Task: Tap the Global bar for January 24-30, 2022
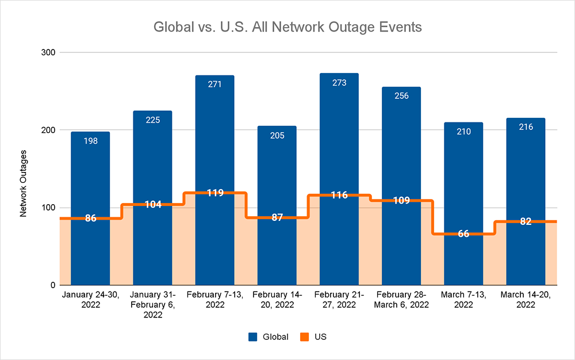pos(90,173)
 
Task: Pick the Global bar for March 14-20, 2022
pos(526,167)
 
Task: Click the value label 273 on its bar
pos(339,83)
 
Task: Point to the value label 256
pos(401,96)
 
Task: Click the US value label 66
pos(463,234)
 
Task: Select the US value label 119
pos(214,193)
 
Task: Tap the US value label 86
pos(90,219)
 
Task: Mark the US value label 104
pos(152,205)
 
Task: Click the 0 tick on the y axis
pos(52,285)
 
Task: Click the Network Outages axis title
pos(24,183)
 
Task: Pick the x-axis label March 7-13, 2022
pos(463,300)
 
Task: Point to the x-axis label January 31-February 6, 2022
pos(152,305)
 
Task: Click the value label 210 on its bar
pos(463,131)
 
